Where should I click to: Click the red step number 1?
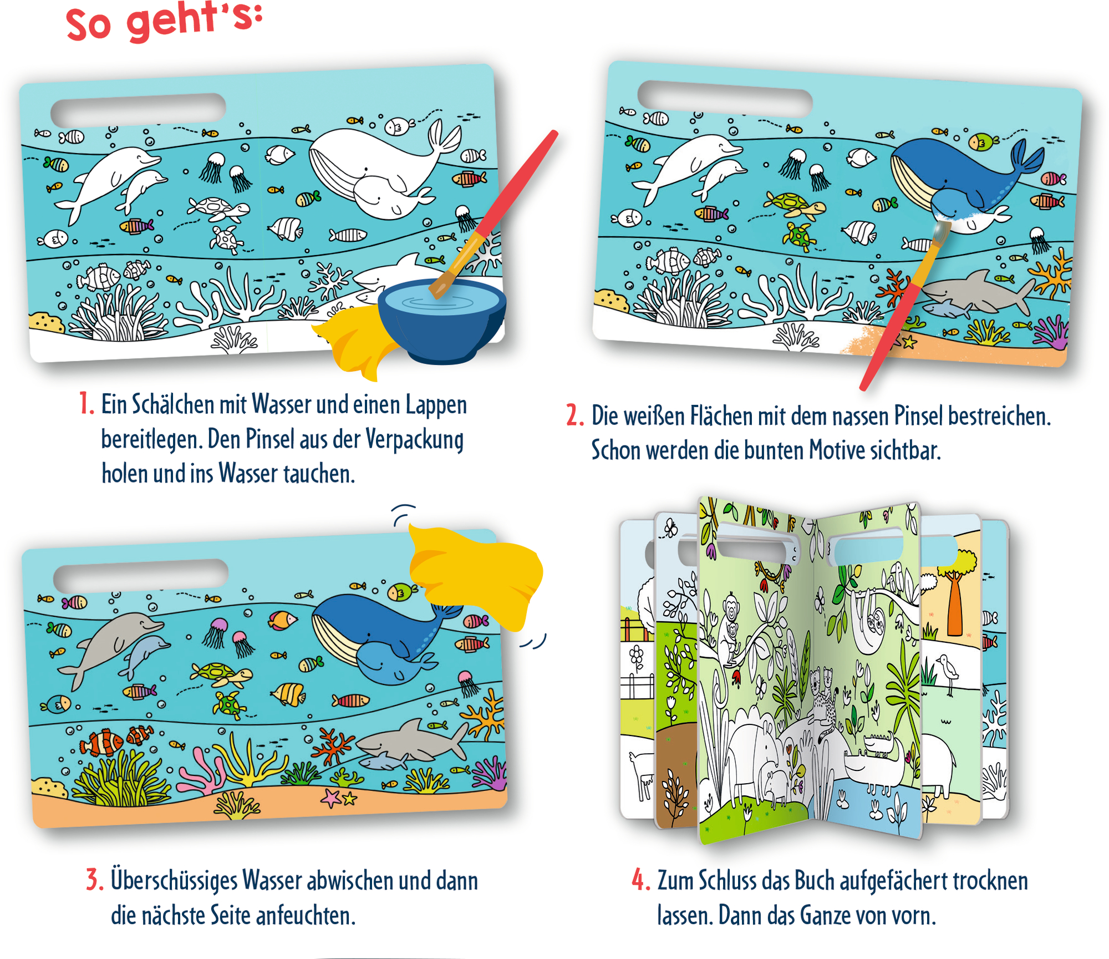86,403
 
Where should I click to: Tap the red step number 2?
574,415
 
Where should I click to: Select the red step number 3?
94,880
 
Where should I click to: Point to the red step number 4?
640,880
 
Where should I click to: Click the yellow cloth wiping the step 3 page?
477,577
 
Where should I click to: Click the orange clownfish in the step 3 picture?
103,743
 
